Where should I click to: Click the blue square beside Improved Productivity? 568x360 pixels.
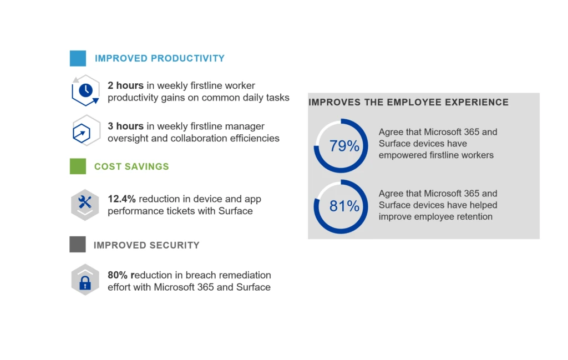(78, 58)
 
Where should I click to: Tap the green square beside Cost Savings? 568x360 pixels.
(78, 166)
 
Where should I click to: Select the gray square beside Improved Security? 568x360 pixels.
(78, 245)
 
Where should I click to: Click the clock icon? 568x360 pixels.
(85, 90)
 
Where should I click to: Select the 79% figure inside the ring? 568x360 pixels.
(344, 145)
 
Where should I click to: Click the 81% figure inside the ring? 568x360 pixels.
(344, 206)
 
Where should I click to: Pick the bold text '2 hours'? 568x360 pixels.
(126, 85)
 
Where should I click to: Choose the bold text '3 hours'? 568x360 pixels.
(126, 126)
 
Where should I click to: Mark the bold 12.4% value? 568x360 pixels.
(121, 199)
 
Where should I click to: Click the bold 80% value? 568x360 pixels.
(118, 275)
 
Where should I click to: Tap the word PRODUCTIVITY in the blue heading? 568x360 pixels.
(187, 58)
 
